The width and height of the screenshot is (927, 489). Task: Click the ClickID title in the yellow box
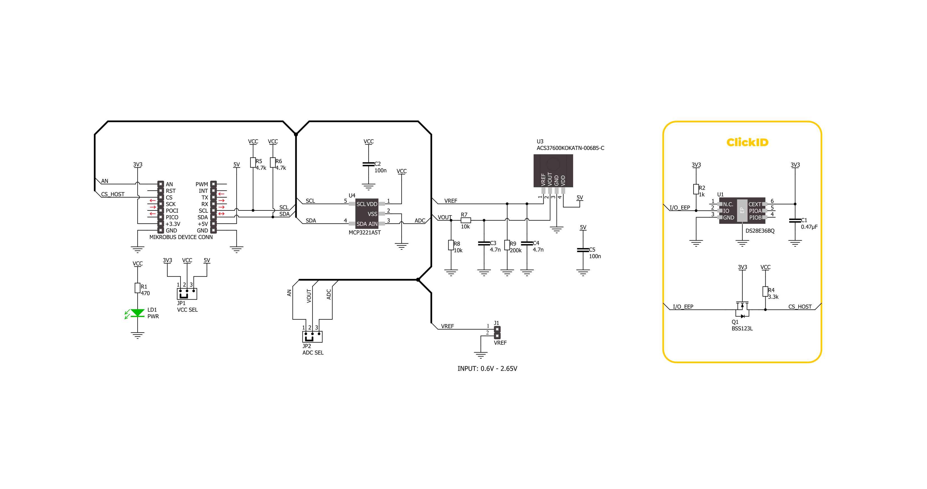747,142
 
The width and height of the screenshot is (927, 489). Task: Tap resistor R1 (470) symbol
138,288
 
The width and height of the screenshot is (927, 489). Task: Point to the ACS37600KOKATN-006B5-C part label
570,148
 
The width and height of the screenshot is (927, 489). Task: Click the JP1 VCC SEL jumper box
187,294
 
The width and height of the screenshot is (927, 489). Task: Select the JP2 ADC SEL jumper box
312,337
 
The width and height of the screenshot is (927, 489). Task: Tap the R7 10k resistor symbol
466,220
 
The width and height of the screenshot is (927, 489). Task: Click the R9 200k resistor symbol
507,245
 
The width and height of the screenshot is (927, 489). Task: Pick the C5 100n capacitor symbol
583,250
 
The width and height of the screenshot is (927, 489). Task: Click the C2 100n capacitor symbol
369,164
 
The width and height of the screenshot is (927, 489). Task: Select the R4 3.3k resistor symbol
765,291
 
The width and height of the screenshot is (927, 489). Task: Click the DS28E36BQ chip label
760,231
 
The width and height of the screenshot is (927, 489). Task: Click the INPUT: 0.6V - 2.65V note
487,369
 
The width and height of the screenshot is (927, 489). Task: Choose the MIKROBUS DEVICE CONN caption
181,237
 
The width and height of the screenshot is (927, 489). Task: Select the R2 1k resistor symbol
696,189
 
